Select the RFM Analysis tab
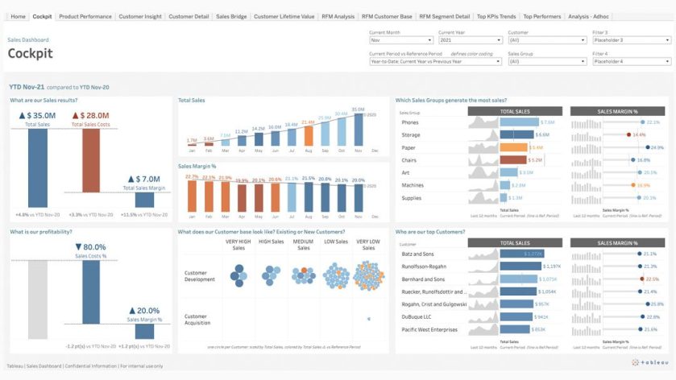338,16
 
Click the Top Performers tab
541,16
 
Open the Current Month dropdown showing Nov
400,39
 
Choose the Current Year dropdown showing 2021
469,39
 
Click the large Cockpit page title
30,53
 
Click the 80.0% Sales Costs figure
90,247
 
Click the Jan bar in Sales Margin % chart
192,198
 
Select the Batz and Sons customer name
419,254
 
